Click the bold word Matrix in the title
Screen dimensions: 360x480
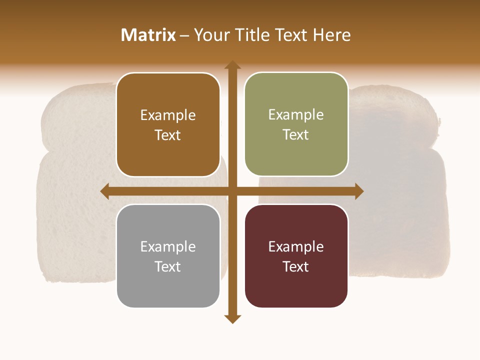pyautogui.click(x=148, y=35)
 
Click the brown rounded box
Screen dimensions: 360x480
pyautogui.click(x=168, y=124)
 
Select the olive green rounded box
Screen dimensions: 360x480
pyautogui.click(x=296, y=124)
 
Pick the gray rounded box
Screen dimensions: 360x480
pyautogui.click(x=168, y=256)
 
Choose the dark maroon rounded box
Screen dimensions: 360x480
pyautogui.click(x=296, y=256)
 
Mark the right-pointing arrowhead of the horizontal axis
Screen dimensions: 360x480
pyautogui.click(x=359, y=191)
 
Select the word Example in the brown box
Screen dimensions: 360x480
pyautogui.click(x=168, y=115)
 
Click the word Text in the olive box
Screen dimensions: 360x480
pyautogui.click(x=296, y=135)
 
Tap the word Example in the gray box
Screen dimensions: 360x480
pyautogui.click(x=168, y=247)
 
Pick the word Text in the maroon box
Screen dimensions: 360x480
pyautogui.click(x=296, y=266)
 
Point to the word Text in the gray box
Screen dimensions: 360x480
pyautogui.click(x=168, y=266)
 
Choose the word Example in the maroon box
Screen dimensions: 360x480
pyautogui.click(x=296, y=247)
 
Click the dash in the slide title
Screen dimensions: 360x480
pyautogui.click(x=184, y=35)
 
